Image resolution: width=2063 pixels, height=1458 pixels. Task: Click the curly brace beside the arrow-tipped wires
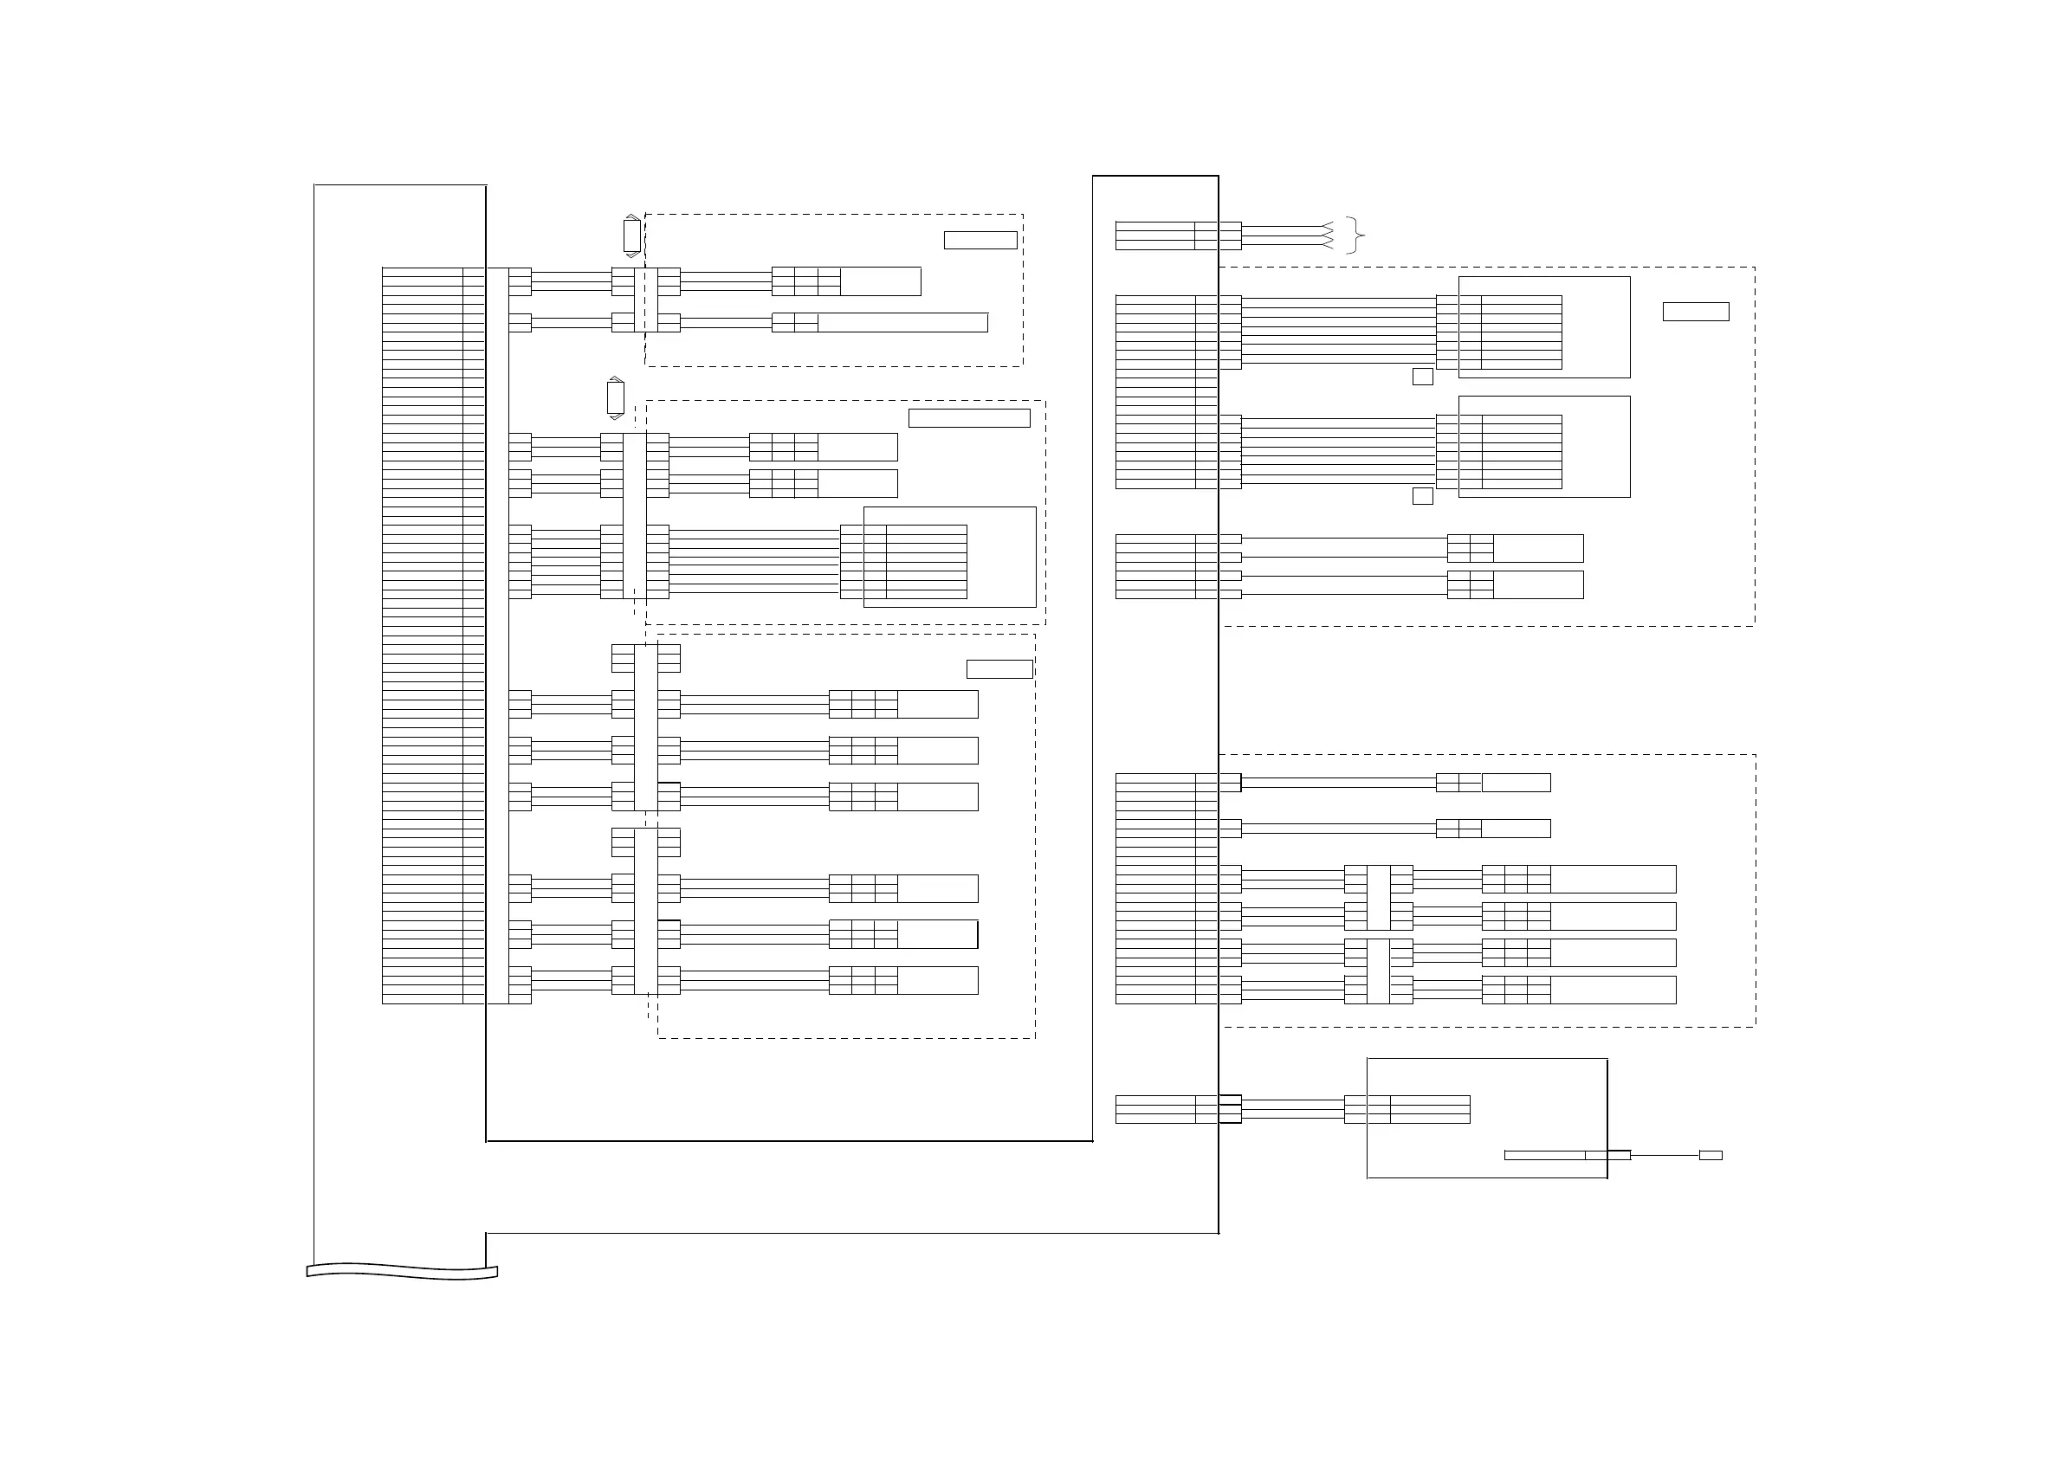tap(1357, 235)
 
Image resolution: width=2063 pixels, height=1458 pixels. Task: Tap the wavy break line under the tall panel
tap(402, 1271)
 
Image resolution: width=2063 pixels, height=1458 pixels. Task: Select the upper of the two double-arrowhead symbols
tap(631, 236)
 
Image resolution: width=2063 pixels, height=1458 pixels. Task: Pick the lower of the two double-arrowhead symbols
tap(616, 398)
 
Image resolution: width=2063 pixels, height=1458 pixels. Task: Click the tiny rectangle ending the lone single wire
tap(1710, 1155)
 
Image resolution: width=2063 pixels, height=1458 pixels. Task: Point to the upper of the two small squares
tap(1422, 377)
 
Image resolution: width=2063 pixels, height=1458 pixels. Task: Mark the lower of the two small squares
tap(1422, 496)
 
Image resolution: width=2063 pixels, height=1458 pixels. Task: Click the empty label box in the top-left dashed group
tap(980, 240)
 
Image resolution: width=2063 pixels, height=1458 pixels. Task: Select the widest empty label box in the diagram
tap(968, 417)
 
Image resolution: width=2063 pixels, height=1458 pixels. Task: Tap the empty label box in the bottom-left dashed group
tap(999, 669)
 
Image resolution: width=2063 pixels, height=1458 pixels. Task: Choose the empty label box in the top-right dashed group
tap(1696, 312)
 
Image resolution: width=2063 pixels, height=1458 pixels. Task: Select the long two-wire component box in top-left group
tap(902, 322)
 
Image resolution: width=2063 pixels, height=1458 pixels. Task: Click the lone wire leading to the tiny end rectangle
tap(1664, 1155)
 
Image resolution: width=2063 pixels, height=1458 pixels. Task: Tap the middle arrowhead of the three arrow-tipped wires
tap(1326, 236)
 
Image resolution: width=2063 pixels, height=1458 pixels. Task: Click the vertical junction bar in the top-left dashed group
tap(646, 300)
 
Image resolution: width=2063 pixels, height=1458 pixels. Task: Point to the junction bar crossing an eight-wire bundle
tap(634, 516)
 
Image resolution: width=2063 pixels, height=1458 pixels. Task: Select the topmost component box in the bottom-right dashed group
tap(1516, 783)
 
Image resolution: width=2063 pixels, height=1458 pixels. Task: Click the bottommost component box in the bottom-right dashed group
tap(1613, 989)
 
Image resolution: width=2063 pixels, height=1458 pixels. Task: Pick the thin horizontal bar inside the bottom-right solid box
tap(1543, 1155)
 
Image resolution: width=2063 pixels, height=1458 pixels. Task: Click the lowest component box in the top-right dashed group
tap(1537, 584)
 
